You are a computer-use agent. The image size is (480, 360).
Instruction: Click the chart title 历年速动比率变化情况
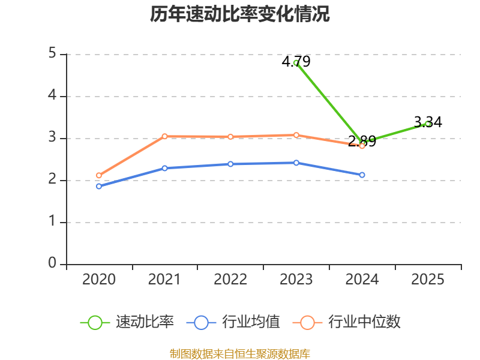[x=239, y=14]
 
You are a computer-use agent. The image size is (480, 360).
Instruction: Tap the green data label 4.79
[x=296, y=62]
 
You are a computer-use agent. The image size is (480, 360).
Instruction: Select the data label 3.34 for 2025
[x=428, y=122]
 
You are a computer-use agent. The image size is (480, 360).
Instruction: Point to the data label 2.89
[x=362, y=141]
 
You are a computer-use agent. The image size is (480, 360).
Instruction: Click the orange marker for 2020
[x=99, y=175]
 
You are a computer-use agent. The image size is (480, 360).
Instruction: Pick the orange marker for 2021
[x=164, y=136]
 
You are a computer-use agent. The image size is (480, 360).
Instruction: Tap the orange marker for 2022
[x=230, y=137]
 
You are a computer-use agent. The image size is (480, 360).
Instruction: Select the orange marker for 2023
[x=296, y=135]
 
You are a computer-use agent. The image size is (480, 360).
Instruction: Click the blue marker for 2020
[x=99, y=186]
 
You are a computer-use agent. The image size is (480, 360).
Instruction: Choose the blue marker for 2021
[x=164, y=168]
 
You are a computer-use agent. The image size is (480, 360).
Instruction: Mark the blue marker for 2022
[x=230, y=164]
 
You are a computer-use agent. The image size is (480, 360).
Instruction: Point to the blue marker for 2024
[x=362, y=175]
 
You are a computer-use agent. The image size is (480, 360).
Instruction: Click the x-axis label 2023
[x=296, y=280]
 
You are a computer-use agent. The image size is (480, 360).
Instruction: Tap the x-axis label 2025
[x=428, y=280]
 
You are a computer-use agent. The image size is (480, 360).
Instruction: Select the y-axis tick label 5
[x=52, y=53]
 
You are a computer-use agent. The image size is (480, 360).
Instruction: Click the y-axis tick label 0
[x=52, y=263]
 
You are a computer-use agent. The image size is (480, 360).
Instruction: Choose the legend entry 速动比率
[x=127, y=322]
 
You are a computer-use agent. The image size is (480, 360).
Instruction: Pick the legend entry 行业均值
[x=233, y=322]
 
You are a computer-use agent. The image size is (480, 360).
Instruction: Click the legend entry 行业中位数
[x=347, y=322]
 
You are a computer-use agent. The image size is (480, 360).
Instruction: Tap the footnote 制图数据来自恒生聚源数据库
[x=240, y=354]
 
